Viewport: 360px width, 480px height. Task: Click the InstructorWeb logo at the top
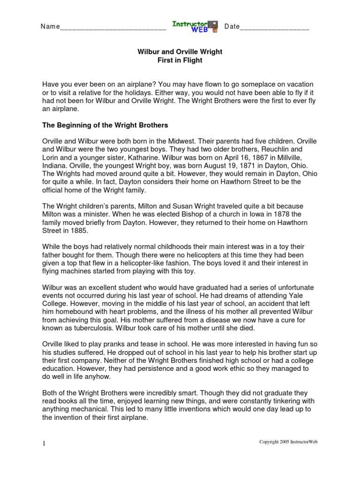click(195, 26)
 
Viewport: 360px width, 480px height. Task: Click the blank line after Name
click(113, 29)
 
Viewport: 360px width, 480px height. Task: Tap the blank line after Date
click(275, 29)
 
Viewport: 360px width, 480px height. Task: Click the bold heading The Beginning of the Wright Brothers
click(105, 125)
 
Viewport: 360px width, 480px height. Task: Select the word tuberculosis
click(90, 328)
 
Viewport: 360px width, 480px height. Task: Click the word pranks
click(106, 344)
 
